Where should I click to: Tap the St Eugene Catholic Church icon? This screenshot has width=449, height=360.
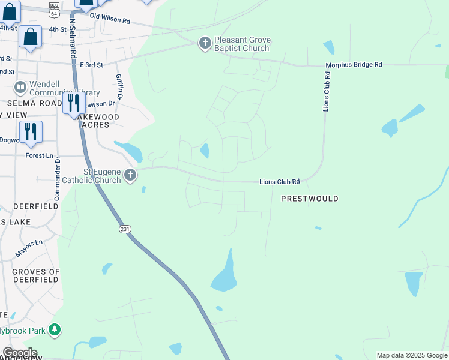pyautogui.click(x=130, y=175)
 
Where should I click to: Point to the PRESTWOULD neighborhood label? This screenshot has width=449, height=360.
pyautogui.click(x=310, y=199)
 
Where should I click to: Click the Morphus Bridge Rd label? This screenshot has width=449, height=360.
pyautogui.click(x=354, y=65)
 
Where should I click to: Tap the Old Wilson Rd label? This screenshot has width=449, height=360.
pyautogui.click(x=110, y=20)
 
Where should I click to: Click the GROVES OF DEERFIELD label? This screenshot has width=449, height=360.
pyautogui.click(x=36, y=276)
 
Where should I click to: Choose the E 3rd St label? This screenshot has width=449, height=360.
pyautogui.click(x=91, y=65)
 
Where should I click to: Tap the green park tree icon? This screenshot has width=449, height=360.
pyautogui.click(x=55, y=330)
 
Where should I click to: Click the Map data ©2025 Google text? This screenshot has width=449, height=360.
pyautogui.click(x=411, y=355)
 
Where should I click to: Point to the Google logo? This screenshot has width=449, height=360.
pyautogui.click(x=19, y=353)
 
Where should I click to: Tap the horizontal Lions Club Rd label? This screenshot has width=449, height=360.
pyautogui.click(x=279, y=181)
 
